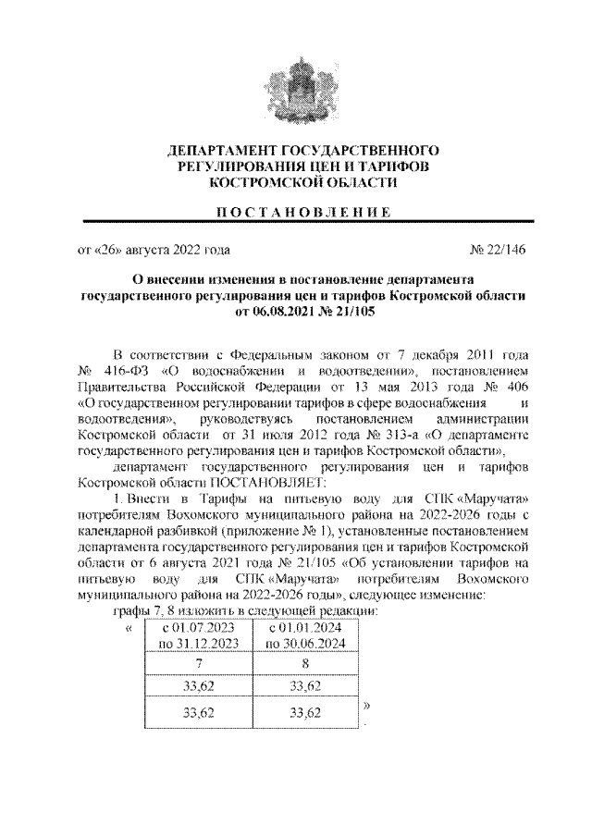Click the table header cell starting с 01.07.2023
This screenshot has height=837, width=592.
tap(200, 635)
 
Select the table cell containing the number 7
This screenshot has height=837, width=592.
tap(200, 664)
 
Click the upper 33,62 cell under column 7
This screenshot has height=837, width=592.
tap(200, 686)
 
